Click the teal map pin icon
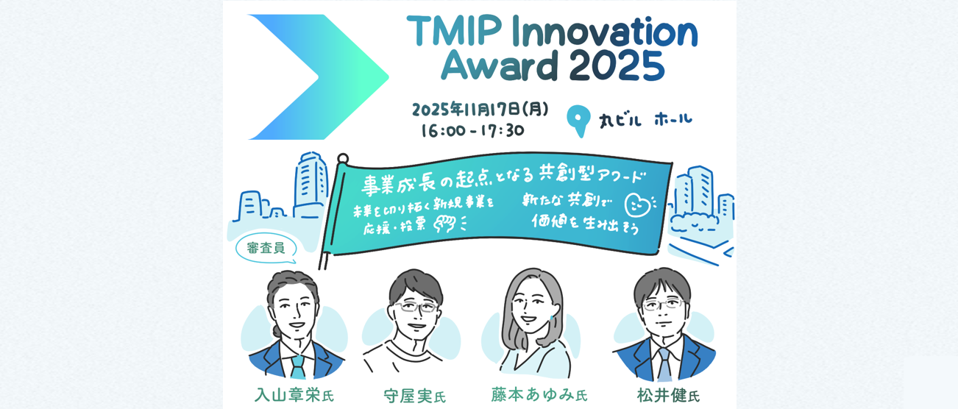click(x=578, y=121)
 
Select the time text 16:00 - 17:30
click(x=472, y=130)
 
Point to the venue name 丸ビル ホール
click(x=645, y=120)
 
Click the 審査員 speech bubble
click(x=266, y=249)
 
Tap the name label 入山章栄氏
click(x=294, y=395)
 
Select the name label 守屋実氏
click(x=414, y=396)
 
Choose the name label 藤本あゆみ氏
click(x=539, y=394)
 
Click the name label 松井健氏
click(x=668, y=395)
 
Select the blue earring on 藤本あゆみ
click(x=552, y=319)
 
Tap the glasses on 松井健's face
click(x=662, y=305)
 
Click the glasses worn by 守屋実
click(x=416, y=307)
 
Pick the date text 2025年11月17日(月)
click(x=480, y=110)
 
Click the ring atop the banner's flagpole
click(x=343, y=159)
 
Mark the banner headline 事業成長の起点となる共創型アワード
click(x=503, y=180)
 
